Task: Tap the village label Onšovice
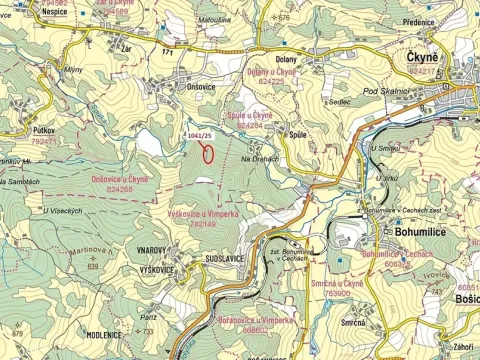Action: (x=201, y=88)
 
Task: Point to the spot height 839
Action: (x=92, y=266)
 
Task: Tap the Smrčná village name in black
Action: (x=351, y=323)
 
